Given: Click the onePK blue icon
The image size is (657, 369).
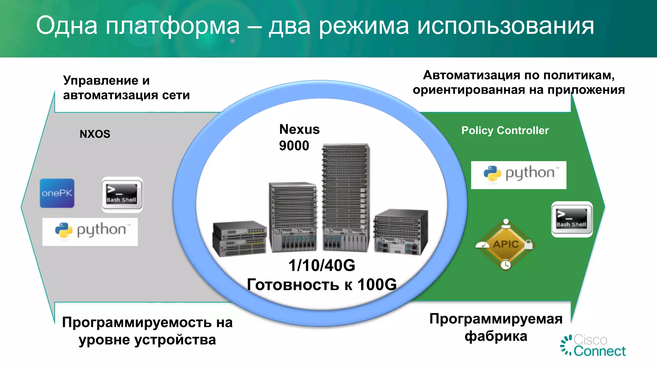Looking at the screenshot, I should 57,193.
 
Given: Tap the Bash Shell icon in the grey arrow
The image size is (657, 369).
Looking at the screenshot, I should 122,194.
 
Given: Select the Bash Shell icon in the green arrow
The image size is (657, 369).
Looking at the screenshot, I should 572,219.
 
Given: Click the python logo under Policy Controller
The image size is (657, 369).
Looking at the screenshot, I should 518,175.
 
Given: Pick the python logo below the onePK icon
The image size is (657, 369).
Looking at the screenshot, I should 90,232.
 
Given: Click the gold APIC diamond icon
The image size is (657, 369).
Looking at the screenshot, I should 505,244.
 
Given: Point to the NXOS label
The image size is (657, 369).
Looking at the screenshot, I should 95,134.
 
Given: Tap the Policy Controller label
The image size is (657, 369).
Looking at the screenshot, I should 505,130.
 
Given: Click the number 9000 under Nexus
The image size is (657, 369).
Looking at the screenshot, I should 294,146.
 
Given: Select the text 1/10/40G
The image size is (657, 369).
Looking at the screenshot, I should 322,266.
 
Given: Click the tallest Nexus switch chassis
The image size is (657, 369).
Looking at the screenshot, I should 346,197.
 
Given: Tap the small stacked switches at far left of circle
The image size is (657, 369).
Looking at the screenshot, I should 240,238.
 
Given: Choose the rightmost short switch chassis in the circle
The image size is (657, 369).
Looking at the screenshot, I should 401,231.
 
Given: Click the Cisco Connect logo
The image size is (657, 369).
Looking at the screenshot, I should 593,346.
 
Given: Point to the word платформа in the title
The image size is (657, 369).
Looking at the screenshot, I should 173,26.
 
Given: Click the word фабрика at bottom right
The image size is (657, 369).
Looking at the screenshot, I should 496,336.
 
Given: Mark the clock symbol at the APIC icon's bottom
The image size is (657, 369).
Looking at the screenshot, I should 506,265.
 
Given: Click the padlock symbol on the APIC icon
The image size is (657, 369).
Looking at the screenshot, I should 529,245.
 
